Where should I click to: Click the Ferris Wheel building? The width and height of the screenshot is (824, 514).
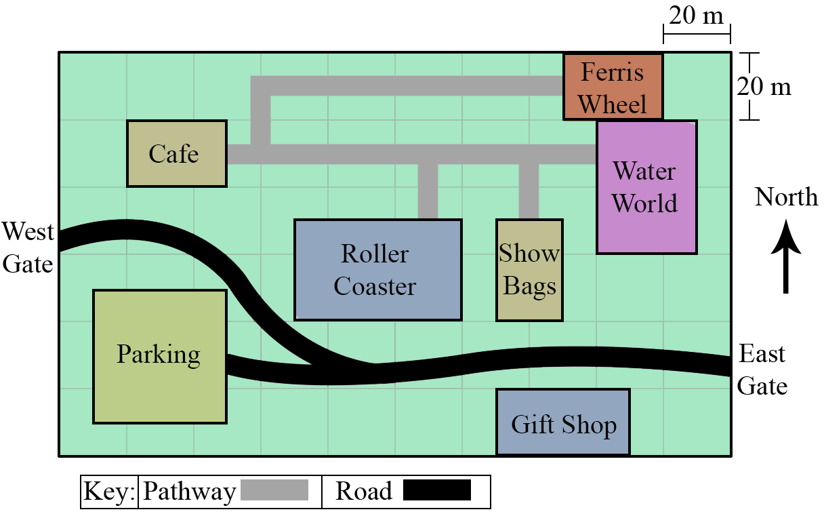click(613, 87)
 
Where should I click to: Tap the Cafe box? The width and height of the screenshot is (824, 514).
click(177, 153)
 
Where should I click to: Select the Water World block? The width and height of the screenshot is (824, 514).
click(646, 187)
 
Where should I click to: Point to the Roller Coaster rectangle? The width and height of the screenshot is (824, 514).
click(378, 271)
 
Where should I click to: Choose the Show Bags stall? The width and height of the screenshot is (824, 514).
click(529, 271)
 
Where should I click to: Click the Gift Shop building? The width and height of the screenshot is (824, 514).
click(563, 422)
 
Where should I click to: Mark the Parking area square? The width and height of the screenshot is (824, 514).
click(160, 357)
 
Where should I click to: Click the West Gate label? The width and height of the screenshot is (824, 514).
click(28, 248)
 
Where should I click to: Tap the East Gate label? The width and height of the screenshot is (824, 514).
click(762, 370)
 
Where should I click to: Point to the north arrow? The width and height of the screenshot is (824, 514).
click(786, 256)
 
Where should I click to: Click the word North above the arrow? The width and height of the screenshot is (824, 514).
click(786, 197)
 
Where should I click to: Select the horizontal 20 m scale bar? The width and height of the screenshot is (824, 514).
click(697, 34)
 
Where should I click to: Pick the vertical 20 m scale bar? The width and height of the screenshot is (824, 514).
click(749, 86)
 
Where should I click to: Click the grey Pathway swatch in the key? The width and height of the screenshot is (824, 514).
click(274, 490)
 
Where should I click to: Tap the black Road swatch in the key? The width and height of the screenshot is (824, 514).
click(437, 490)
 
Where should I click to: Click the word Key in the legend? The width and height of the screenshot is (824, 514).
click(109, 491)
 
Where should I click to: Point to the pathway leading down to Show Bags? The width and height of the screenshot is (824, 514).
click(529, 191)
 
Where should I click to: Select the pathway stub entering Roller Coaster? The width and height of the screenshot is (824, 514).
click(428, 191)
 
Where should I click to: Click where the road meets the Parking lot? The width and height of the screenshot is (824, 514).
click(227, 365)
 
